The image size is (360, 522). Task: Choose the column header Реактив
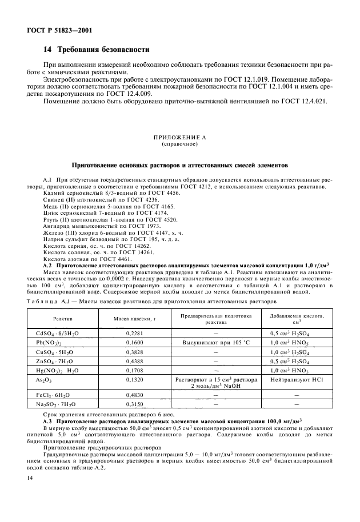(63, 318)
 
